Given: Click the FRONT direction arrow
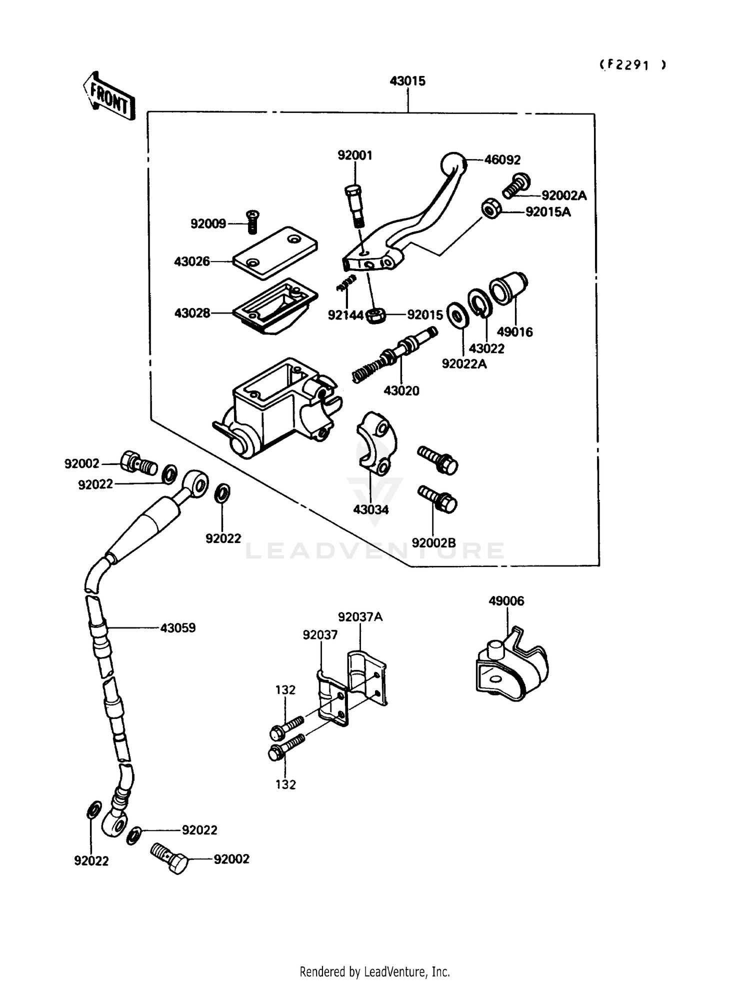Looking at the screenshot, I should [x=109, y=96].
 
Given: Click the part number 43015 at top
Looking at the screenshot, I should [x=407, y=81].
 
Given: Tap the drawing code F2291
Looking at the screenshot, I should [x=633, y=65].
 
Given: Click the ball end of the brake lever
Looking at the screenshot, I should [x=453, y=163].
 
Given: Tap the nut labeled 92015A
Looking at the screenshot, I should [x=491, y=208].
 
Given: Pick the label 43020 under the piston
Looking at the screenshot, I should [x=401, y=390].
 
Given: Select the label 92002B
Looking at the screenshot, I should [x=433, y=542].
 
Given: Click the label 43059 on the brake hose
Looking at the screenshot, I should [x=177, y=627].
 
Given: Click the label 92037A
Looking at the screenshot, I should [x=360, y=617].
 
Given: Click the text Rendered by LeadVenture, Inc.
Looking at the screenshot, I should [x=374, y=971].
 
